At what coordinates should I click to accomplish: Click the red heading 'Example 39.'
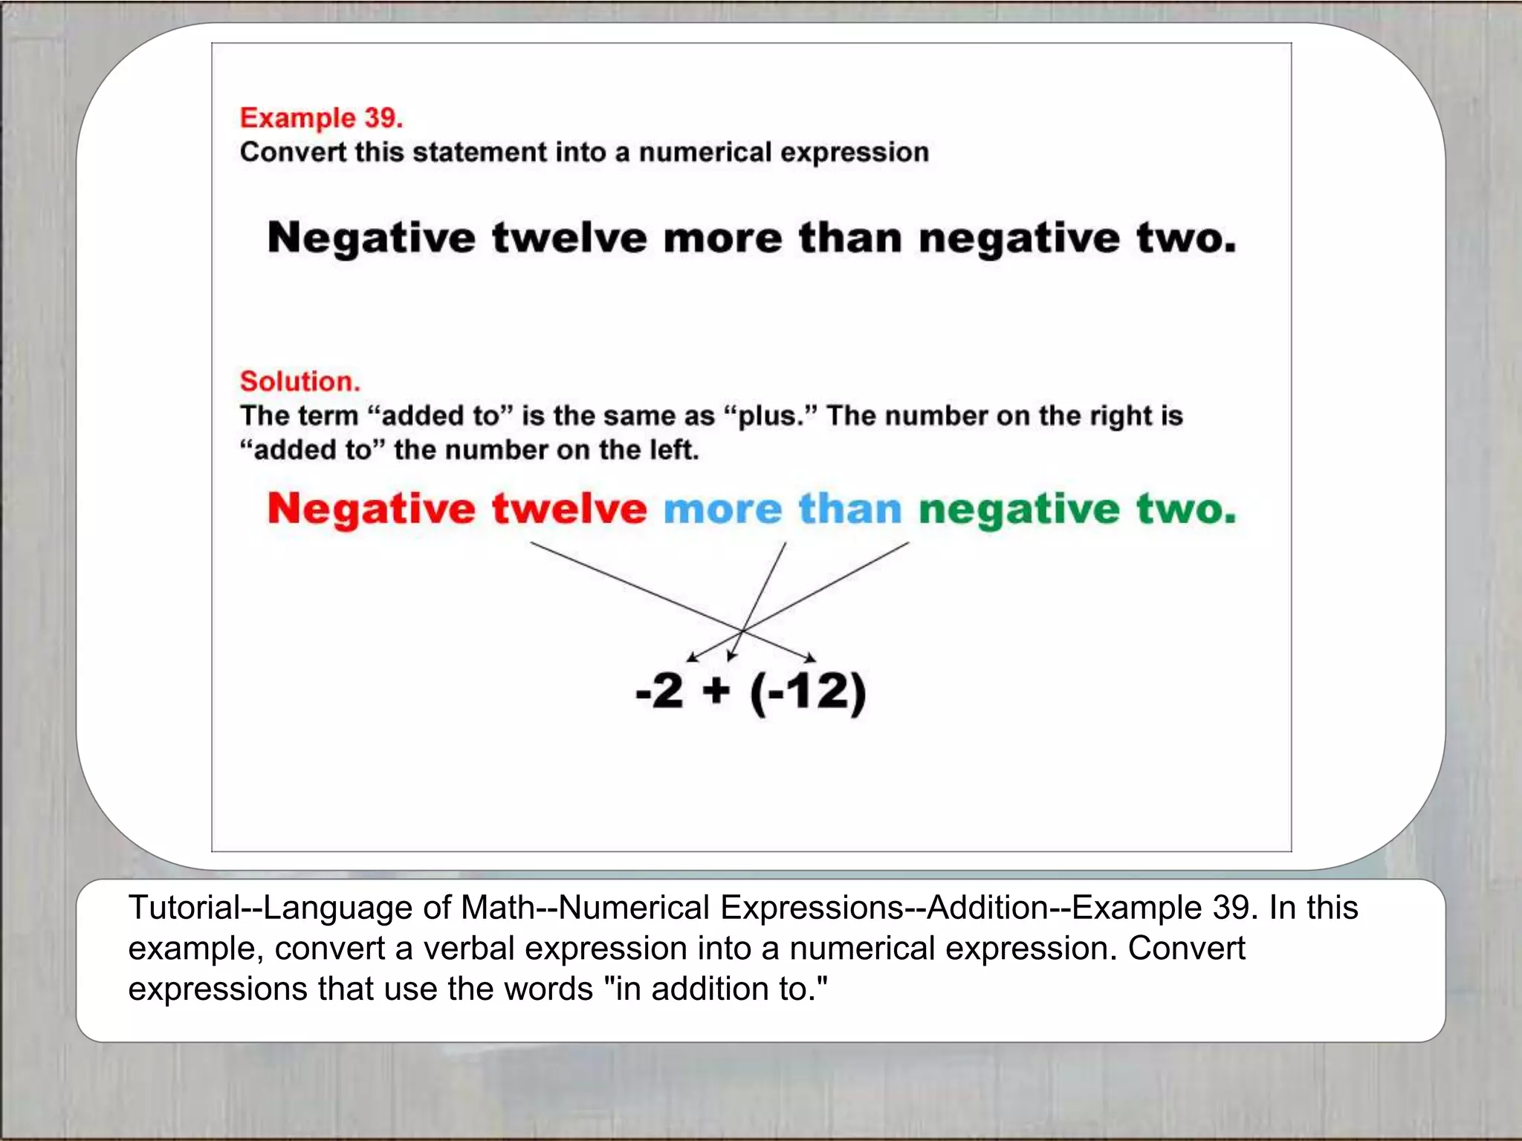coord(321,118)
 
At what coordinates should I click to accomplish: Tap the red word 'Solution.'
coord(299,381)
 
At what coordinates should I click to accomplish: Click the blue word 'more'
coord(722,510)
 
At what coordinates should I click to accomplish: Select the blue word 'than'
coord(850,510)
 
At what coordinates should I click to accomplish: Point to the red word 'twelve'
coord(569,510)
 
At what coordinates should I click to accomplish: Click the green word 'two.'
coord(1186,510)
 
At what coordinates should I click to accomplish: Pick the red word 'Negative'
coord(372,510)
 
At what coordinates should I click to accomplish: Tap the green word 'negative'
coord(1019,511)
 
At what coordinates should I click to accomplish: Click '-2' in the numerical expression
coord(660,692)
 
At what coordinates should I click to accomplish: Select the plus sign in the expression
coord(716,692)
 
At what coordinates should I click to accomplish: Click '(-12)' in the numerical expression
coord(808,693)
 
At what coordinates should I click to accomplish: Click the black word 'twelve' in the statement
coord(569,238)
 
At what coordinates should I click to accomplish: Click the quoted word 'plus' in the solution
coord(770,416)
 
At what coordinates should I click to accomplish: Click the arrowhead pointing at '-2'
coord(691,657)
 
